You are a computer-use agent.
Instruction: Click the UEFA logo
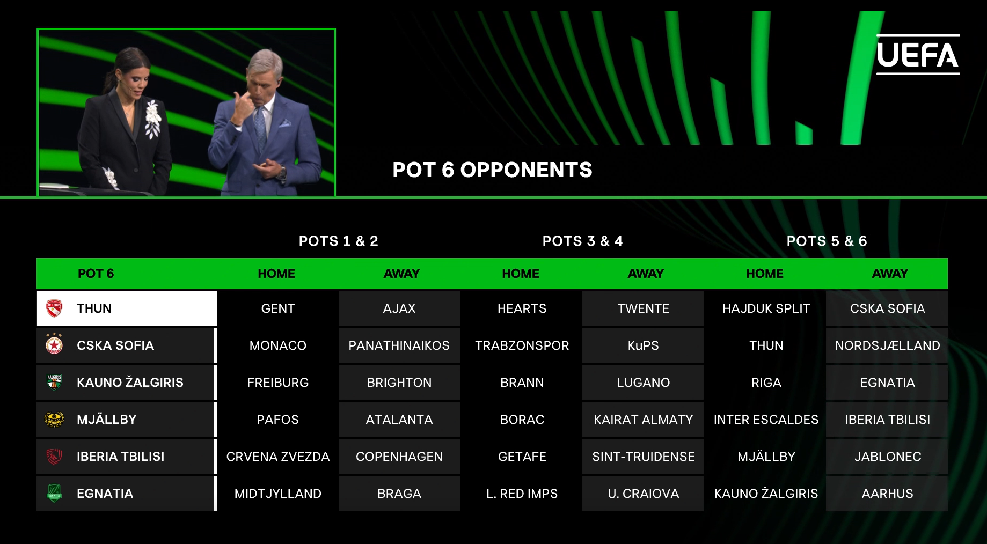point(918,55)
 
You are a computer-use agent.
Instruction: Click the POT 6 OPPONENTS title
point(492,170)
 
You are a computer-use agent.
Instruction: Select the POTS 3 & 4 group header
point(582,241)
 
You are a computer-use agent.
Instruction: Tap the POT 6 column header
point(96,274)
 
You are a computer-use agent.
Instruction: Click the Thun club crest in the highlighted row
point(54,308)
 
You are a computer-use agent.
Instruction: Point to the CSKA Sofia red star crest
point(54,344)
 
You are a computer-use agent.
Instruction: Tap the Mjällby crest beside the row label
point(54,419)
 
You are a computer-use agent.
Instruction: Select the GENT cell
point(277,308)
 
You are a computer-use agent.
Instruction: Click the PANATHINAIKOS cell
point(399,345)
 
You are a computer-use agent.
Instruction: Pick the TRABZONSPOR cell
point(522,345)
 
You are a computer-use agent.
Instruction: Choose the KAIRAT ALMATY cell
point(643,420)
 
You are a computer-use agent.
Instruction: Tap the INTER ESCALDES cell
point(766,420)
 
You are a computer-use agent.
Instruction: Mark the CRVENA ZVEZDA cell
point(277,457)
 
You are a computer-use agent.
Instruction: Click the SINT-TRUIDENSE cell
point(643,457)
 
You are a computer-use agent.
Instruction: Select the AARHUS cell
point(887,494)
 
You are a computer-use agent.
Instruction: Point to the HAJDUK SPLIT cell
point(766,308)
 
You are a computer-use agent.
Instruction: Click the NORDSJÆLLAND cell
point(887,345)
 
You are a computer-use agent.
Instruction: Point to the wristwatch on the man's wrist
point(282,173)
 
